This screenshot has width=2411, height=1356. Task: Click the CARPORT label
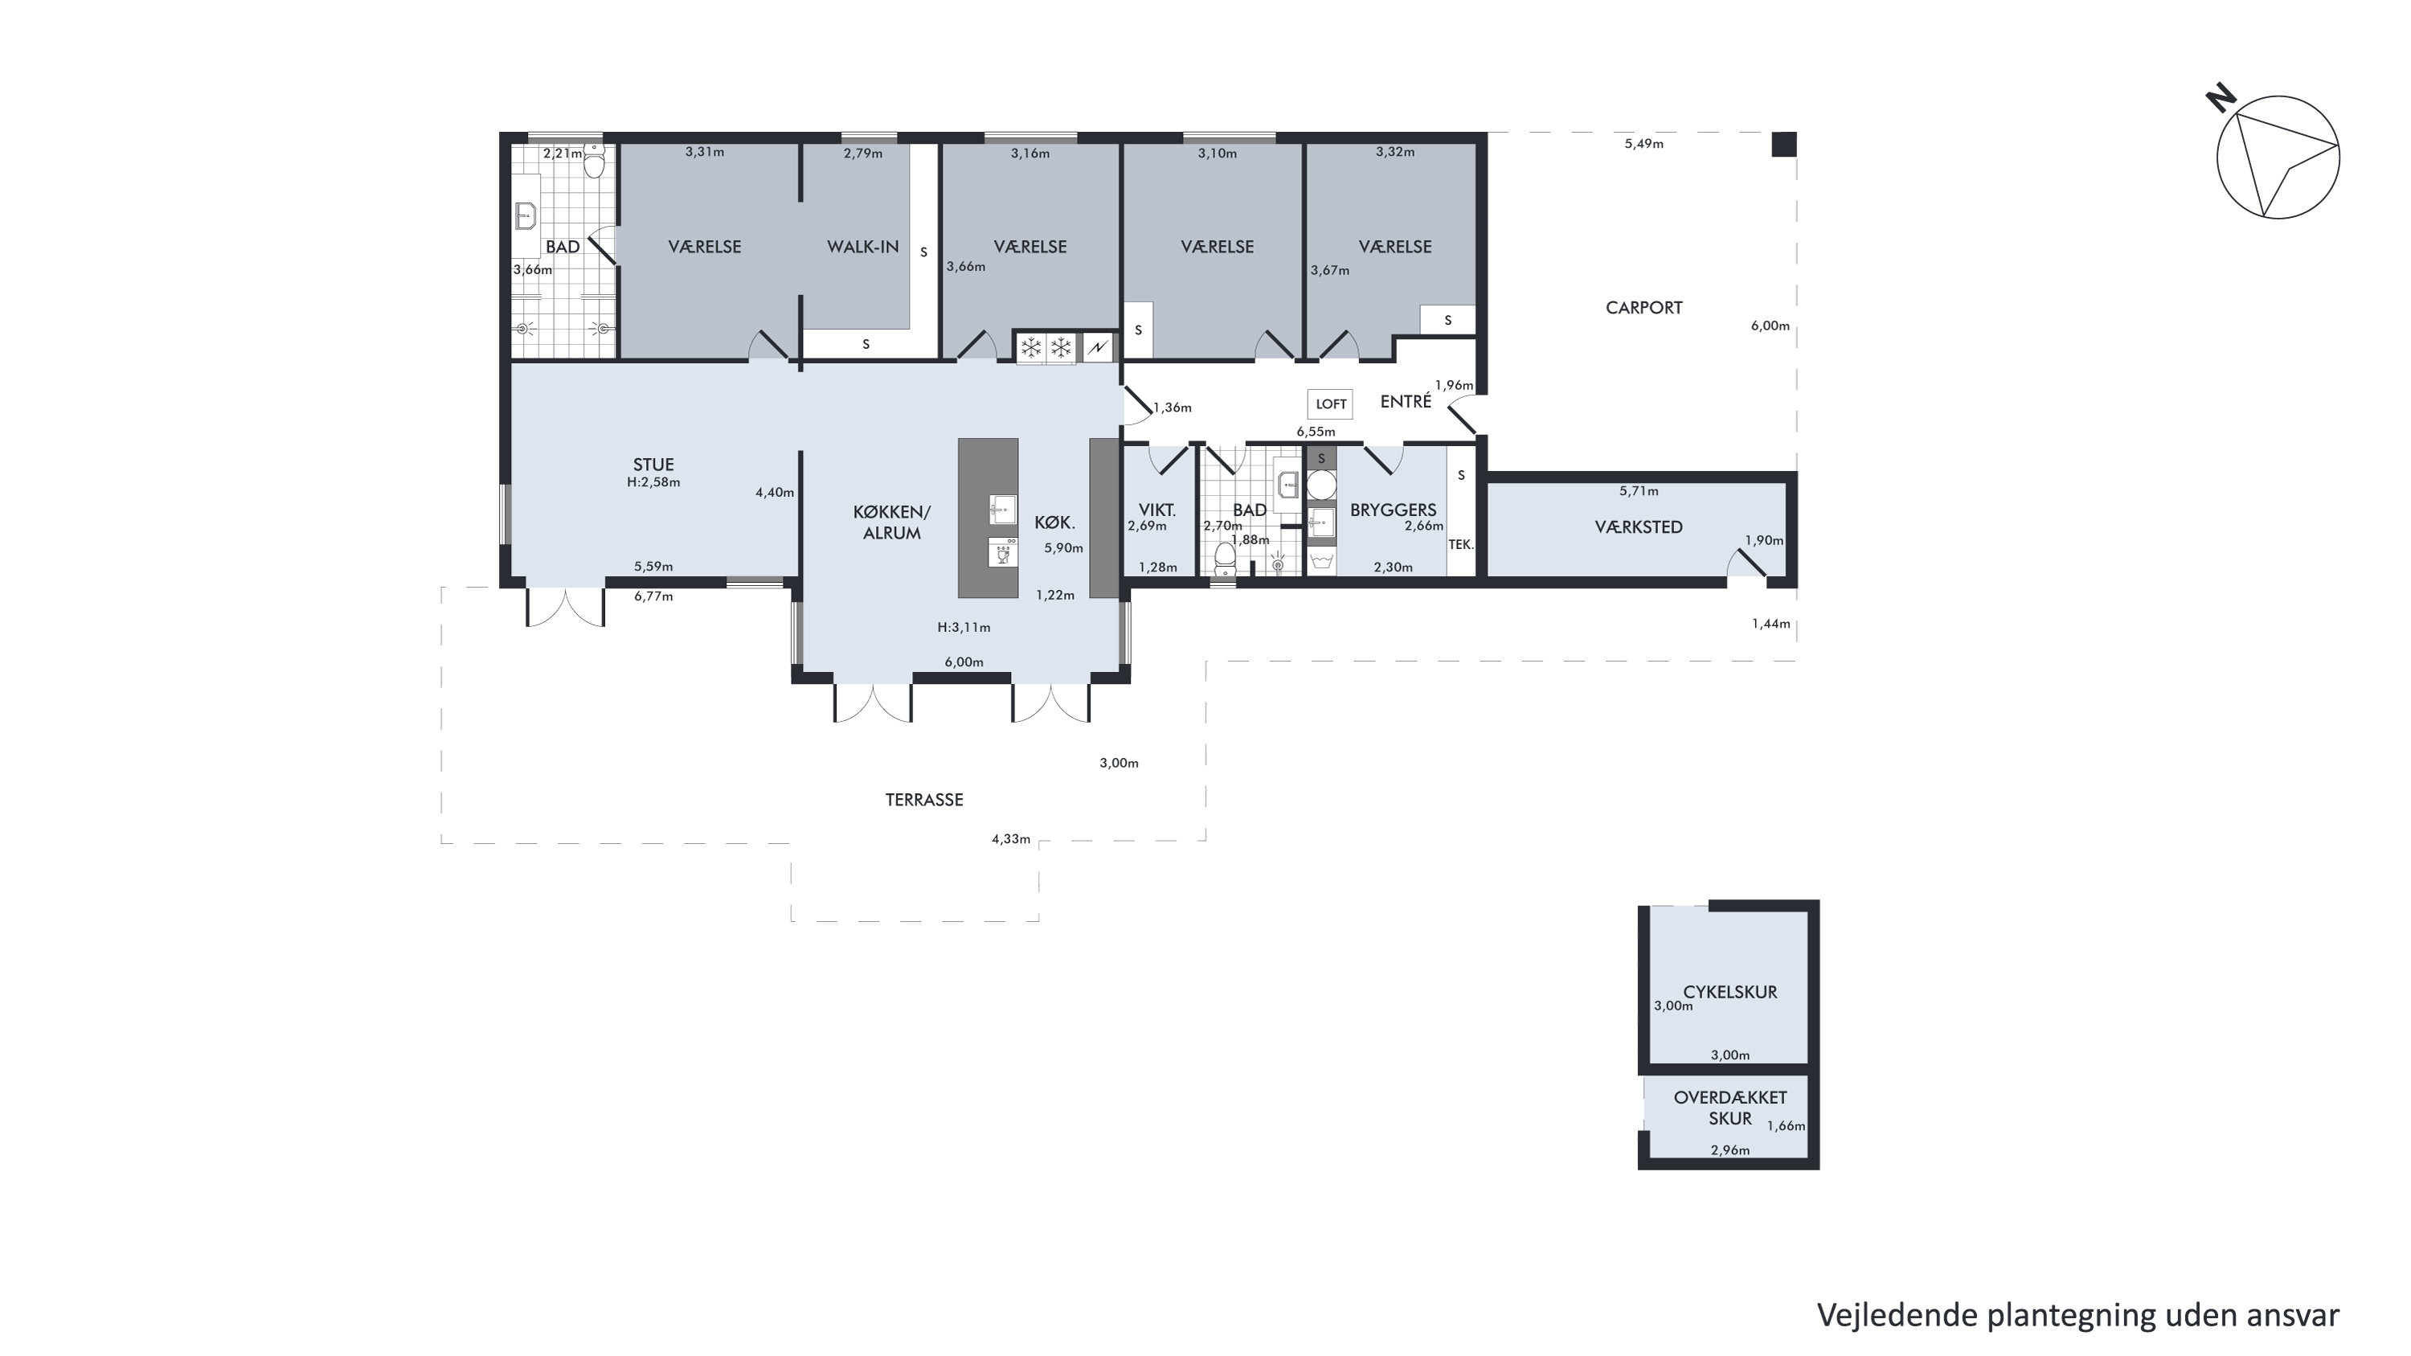(1643, 308)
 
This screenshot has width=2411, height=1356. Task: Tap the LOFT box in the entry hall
(1330, 404)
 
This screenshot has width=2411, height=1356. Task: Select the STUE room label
(653, 464)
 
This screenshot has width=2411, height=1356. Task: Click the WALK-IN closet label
(863, 247)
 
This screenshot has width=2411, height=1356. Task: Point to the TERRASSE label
(923, 800)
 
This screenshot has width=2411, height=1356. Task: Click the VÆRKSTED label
(1639, 526)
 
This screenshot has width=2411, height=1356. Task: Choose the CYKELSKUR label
(1729, 992)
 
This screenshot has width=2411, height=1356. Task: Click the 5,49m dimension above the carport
(1643, 144)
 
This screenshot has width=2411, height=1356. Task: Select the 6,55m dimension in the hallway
(1315, 432)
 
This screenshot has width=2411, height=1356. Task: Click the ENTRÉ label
(1406, 400)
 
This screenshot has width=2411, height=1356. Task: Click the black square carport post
(1784, 144)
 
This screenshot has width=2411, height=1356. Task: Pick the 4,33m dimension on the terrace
(1011, 839)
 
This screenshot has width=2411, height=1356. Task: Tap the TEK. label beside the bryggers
(1461, 543)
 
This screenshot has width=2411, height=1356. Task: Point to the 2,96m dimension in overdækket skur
(1729, 1150)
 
